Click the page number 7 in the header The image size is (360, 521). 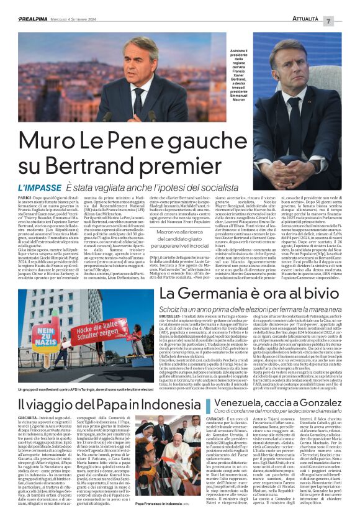(346, 21)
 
